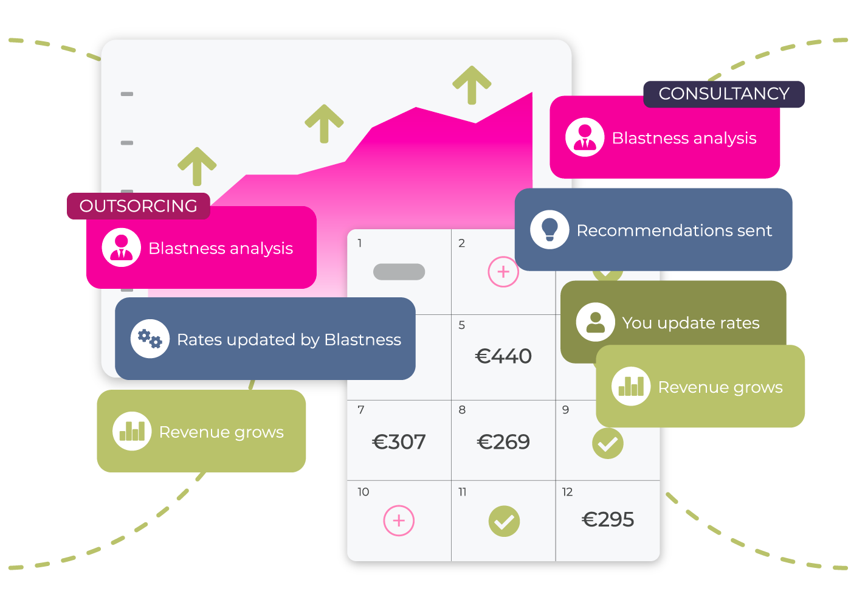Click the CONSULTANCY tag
coord(724,94)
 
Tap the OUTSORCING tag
coord(139,206)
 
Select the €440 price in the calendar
coord(503,356)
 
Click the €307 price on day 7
coord(399,442)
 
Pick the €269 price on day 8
coord(503,442)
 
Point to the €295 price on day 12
coord(608,519)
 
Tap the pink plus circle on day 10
coord(399,520)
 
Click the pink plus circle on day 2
coord(503,272)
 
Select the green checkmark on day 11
coord(504,521)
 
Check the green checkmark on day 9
coord(608,443)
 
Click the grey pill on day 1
coord(399,272)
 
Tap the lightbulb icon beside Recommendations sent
coord(550,230)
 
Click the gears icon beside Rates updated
coord(150,339)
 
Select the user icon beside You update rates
coord(595,322)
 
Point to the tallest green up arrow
coord(472,85)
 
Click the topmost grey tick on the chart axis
coord(127,94)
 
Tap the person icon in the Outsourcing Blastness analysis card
coord(122,247)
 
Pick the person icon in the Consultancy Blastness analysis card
coord(585,137)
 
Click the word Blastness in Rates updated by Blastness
coord(363,340)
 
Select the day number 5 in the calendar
coord(461,325)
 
